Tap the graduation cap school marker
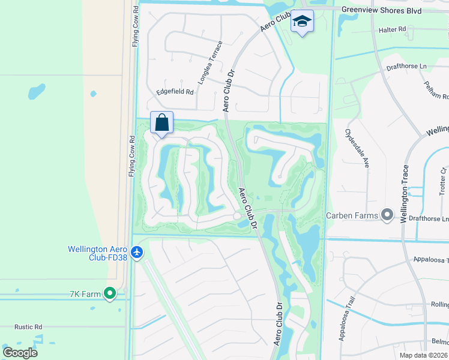303,22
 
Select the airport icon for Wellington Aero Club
137,252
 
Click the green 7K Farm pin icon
109,293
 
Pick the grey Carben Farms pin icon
387,215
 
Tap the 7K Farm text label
83,293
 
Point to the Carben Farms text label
352,215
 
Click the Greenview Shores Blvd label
381,10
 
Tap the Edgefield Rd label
175,92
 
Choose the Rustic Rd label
29,327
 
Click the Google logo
20,352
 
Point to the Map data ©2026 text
423,355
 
